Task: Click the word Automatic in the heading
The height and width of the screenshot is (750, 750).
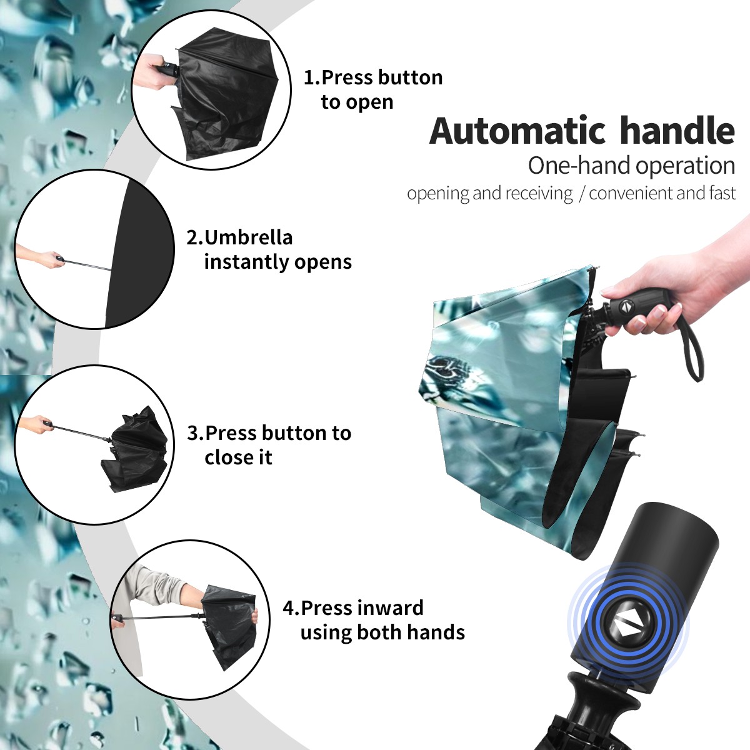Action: (517, 131)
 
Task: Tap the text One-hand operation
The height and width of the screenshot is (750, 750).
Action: (631, 166)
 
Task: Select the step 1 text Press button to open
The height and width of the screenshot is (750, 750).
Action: (373, 89)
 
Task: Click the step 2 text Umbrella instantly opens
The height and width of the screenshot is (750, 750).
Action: (269, 249)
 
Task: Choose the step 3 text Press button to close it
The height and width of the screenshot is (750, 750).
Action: (269, 445)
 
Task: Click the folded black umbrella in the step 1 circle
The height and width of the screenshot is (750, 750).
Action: (226, 97)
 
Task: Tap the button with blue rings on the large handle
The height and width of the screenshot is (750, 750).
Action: (627, 627)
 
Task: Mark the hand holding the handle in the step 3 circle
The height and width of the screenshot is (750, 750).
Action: (37, 425)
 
